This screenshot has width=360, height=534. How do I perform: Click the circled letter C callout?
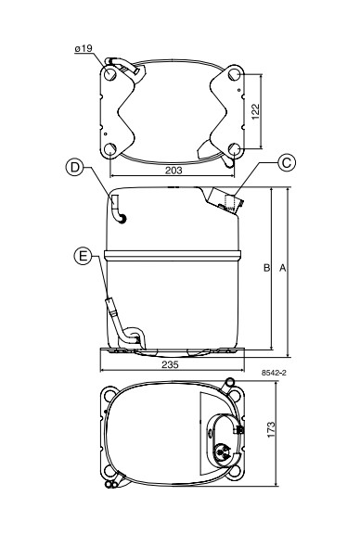[287, 163]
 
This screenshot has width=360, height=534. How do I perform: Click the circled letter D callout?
[74, 167]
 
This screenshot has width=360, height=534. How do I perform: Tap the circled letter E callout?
[83, 256]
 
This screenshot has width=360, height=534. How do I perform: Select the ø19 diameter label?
[84, 48]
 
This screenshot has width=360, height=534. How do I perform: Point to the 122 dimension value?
[255, 111]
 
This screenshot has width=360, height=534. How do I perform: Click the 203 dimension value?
[174, 171]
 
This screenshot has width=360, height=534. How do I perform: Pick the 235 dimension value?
[170, 364]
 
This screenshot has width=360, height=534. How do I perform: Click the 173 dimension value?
[271, 430]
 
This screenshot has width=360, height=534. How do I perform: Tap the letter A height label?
[283, 268]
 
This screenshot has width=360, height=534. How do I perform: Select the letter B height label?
[266, 268]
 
